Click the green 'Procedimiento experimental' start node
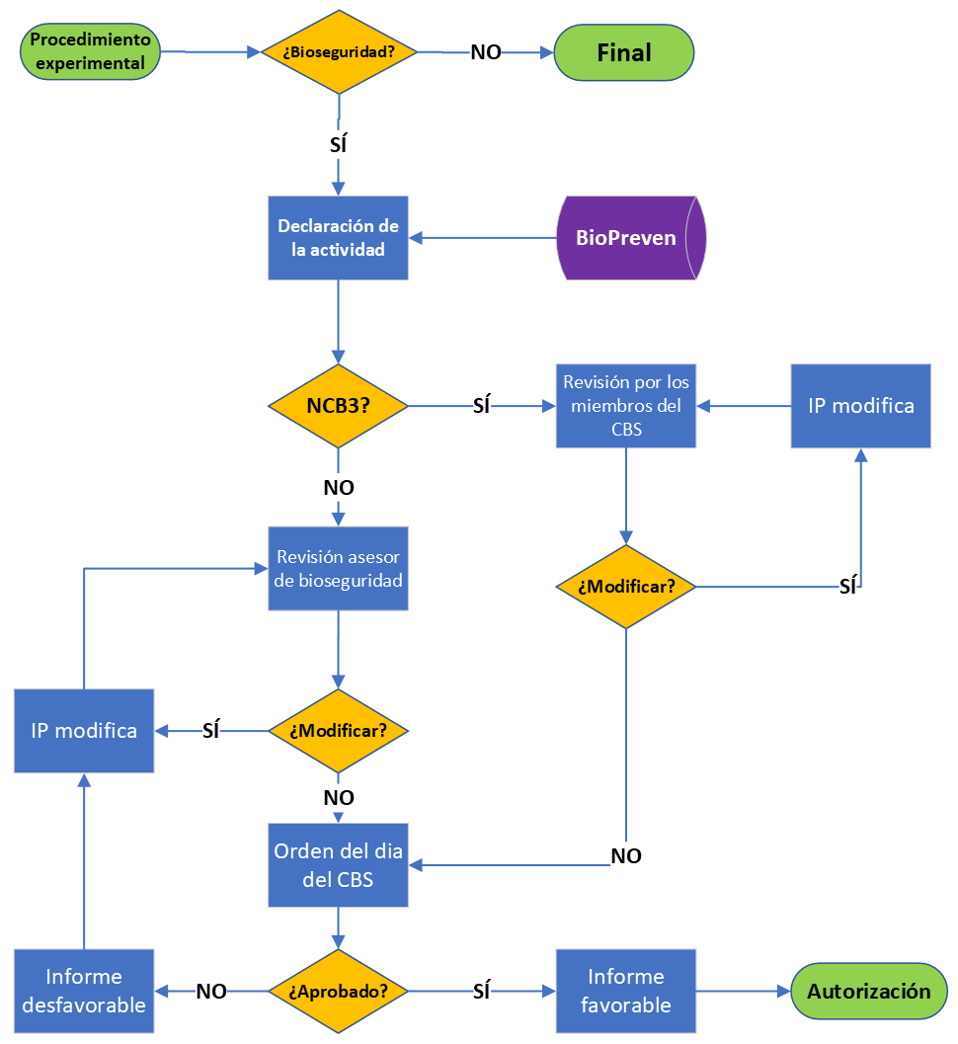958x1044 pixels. [90, 52]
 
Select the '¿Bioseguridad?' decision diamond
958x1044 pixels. [339, 52]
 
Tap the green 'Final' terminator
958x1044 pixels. [624, 52]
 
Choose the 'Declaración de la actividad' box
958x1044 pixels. [338, 238]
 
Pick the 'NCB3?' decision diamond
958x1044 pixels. [338, 406]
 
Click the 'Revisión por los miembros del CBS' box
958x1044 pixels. [625, 406]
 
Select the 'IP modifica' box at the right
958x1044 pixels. [860, 406]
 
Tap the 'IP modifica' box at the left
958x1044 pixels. [84, 731]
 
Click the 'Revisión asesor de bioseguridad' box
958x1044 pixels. [338, 569]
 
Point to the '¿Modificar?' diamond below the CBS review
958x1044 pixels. [625, 587]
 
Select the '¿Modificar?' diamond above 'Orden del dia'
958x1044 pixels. [338, 731]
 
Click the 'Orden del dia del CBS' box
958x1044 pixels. [338, 864]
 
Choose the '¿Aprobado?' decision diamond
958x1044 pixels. [338, 991]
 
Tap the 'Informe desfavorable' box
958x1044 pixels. [84, 991]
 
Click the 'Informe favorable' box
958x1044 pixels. [625, 991]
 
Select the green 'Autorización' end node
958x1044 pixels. [868, 991]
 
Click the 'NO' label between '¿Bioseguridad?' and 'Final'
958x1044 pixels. [485, 53]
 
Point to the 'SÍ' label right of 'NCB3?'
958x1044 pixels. [482, 406]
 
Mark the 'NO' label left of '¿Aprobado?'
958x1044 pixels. [211, 992]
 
